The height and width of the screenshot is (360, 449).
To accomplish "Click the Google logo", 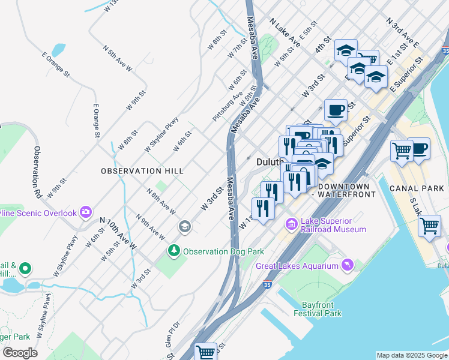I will pyautogui.click(x=20, y=353).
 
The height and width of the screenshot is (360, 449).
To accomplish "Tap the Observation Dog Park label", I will pyautogui.click(x=223, y=251).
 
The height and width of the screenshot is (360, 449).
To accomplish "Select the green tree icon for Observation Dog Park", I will pyautogui.click(x=174, y=250).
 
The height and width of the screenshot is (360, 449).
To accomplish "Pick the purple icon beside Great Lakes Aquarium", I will pyautogui.click(x=346, y=265).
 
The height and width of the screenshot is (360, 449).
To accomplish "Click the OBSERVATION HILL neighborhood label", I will pyautogui.click(x=142, y=171).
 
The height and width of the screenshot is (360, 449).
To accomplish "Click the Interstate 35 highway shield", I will pyautogui.click(x=267, y=286).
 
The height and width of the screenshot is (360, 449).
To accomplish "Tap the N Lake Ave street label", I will pyautogui.click(x=285, y=34).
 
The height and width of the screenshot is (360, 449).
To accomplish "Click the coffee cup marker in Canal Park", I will pyautogui.click(x=420, y=148).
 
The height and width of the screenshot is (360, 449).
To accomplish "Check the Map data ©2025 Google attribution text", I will pyautogui.click(x=412, y=355).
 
